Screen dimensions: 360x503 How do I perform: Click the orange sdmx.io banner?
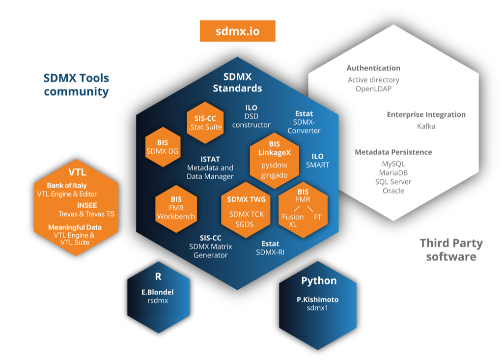237,31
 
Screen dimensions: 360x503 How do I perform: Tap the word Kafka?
426,126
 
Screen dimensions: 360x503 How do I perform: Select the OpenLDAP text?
373,89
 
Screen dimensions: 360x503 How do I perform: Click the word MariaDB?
393,173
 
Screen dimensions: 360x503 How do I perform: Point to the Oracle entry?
393,191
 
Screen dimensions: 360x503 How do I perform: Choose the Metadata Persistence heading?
393,152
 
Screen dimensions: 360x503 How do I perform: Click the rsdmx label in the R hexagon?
158,301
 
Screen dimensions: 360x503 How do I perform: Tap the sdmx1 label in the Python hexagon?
317,308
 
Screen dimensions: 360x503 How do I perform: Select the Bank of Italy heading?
67,186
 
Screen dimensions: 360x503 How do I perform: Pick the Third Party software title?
451,249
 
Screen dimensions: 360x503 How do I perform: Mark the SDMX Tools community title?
76,84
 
